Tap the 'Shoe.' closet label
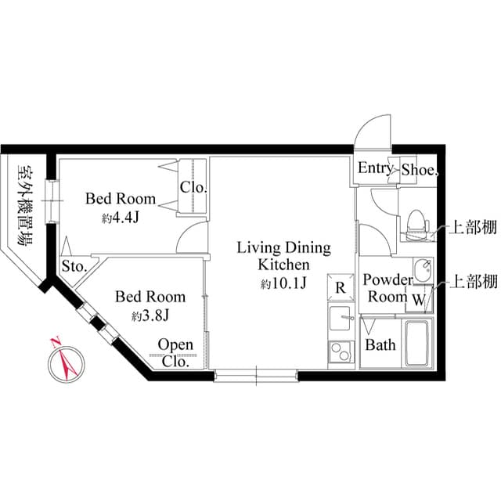click(x=420, y=169)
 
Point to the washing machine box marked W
click(x=418, y=298)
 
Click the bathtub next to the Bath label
click(x=416, y=342)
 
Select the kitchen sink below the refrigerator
click(x=341, y=318)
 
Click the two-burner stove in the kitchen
click(x=341, y=351)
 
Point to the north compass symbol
click(x=63, y=361)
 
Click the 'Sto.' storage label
click(x=74, y=265)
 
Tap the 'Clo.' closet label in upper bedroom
click(x=193, y=188)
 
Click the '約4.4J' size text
click(x=121, y=218)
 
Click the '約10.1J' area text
click(x=283, y=283)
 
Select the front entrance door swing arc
click(x=373, y=129)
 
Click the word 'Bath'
click(x=380, y=345)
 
